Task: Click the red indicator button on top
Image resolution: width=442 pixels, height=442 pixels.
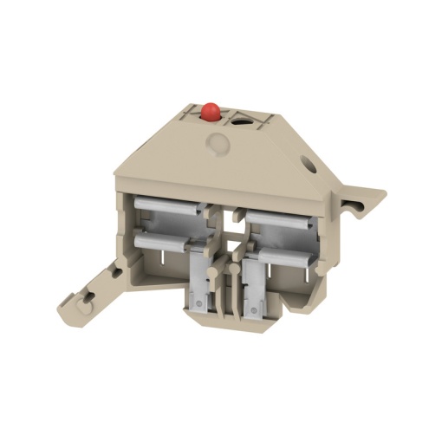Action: coord(209,111)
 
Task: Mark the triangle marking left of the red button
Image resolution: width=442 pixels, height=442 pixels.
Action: coord(189,112)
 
